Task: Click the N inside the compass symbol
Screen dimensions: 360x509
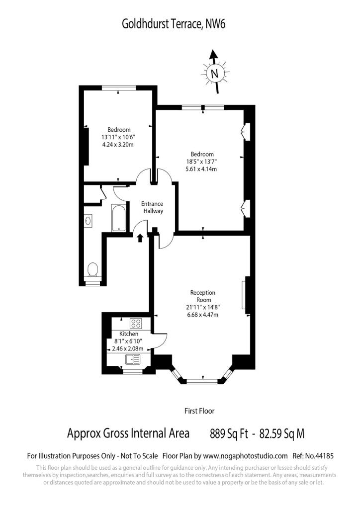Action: [x=214, y=74]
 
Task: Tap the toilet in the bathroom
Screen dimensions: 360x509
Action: [x=93, y=269]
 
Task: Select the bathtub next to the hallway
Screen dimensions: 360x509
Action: [x=119, y=218]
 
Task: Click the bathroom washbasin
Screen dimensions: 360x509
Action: [x=89, y=221]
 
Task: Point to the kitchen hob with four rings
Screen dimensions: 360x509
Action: [x=136, y=323]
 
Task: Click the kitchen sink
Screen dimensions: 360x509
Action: [x=132, y=359]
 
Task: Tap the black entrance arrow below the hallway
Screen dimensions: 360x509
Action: [x=140, y=238]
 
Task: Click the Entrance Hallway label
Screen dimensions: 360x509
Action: [x=152, y=207]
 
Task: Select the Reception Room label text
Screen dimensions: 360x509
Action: [x=203, y=296]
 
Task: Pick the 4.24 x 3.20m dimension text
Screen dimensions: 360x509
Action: [x=118, y=145]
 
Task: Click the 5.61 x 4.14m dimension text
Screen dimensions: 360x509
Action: [x=201, y=169]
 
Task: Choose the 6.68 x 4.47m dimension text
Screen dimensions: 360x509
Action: [x=202, y=315]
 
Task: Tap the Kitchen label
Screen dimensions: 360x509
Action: [x=129, y=334]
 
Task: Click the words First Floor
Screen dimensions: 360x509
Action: [x=199, y=411]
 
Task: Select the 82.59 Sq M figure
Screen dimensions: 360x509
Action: [x=282, y=433]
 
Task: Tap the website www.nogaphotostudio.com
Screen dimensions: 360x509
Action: [x=246, y=456]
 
